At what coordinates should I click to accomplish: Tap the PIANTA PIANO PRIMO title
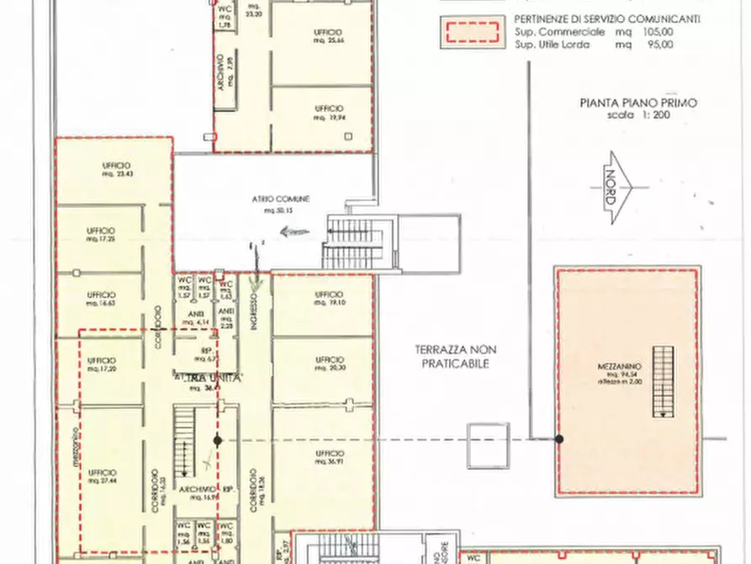638,104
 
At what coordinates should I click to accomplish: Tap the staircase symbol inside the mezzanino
664,382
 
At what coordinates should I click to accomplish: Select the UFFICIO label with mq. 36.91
329,456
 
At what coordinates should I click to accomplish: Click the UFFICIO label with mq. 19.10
329,297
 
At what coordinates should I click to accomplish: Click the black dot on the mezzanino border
559,439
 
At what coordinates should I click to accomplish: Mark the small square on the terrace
489,444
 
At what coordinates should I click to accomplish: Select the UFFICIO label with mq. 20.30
329,362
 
